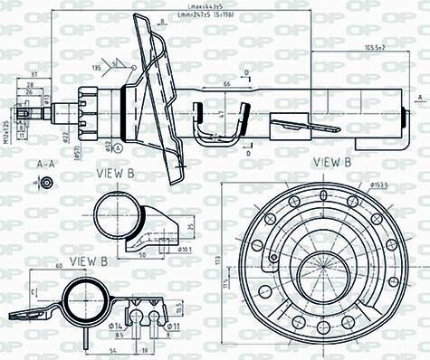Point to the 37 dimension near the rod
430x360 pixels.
[33, 73]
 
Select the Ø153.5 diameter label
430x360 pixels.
[378, 185]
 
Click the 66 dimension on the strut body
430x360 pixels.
[225, 83]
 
